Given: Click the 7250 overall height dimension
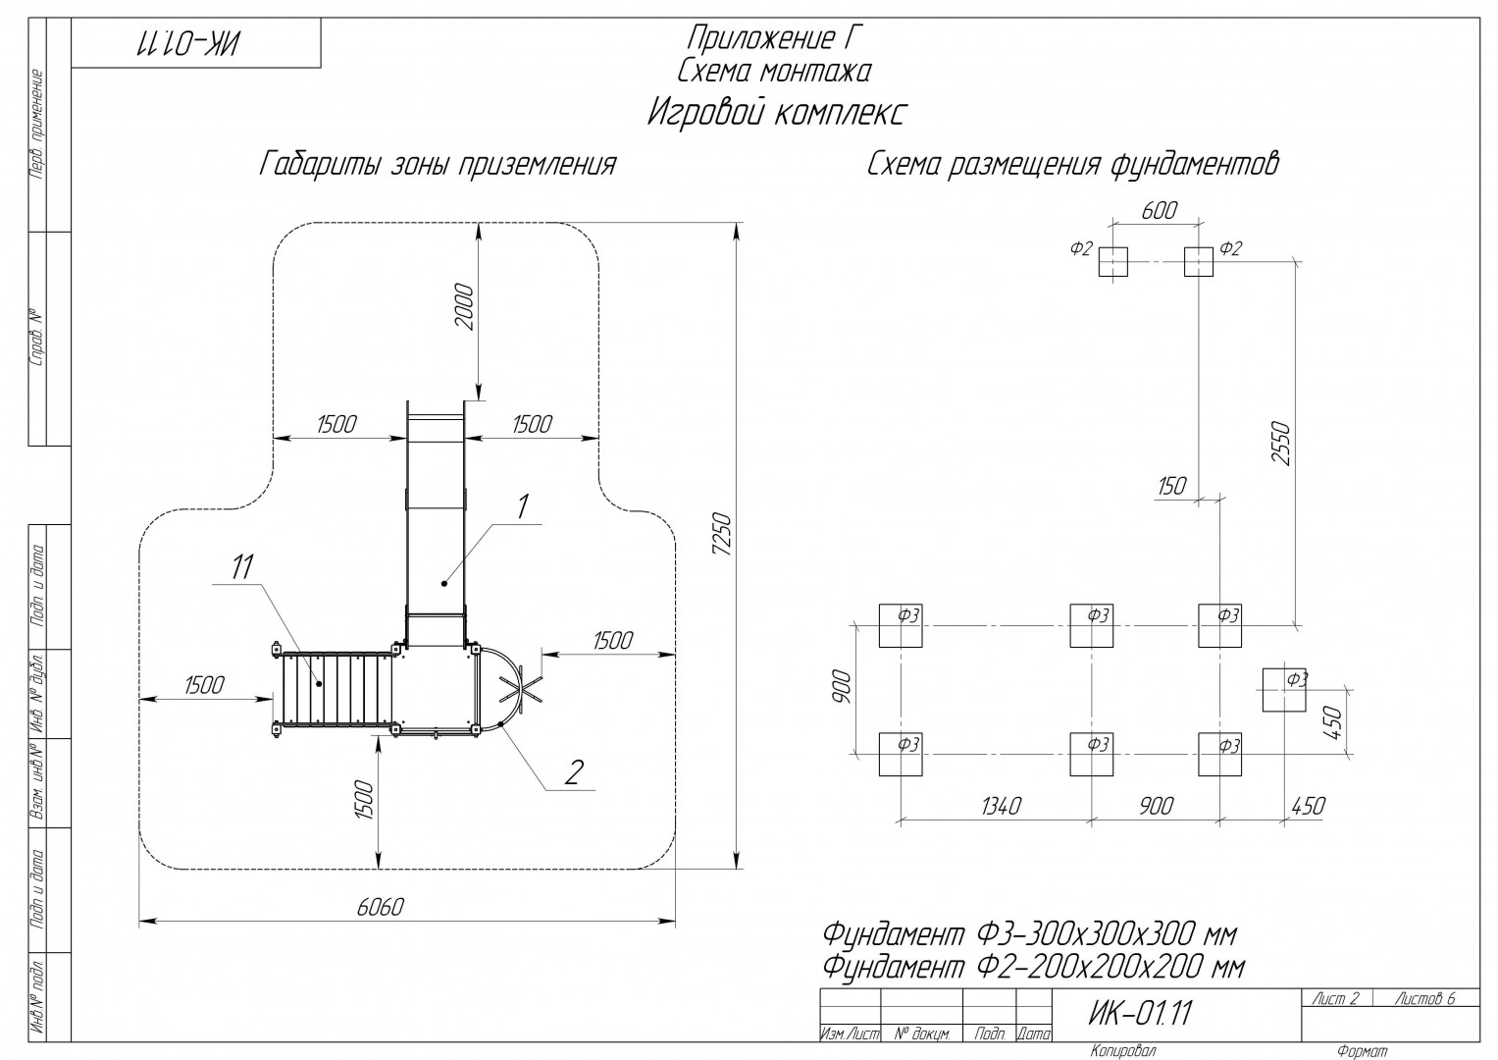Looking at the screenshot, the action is pyautogui.click(x=723, y=533).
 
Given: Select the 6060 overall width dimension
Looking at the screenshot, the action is pyautogui.click(x=381, y=907).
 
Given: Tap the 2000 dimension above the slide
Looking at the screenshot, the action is pyautogui.click(x=463, y=307).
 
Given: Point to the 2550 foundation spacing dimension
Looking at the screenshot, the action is pyautogui.click(x=1279, y=443).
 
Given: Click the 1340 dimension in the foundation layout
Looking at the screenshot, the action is pyautogui.click(x=1001, y=807).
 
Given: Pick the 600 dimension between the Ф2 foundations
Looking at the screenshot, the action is pyautogui.click(x=1159, y=211).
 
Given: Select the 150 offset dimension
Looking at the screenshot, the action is pyautogui.click(x=1171, y=486).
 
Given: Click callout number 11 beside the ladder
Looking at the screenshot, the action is pyautogui.click(x=242, y=567).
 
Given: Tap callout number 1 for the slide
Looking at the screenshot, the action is pyautogui.click(x=522, y=506).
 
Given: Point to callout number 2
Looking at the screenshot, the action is pyautogui.click(x=573, y=772).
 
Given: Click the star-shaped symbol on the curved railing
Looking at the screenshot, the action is pyautogui.click(x=521, y=689).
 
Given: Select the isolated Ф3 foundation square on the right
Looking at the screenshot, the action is pyautogui.click(x=1283, y=689).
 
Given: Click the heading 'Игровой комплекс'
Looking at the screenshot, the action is pyautogui.click(x=776, y=113).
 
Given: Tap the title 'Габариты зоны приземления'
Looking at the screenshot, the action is pyautogui.click(x=438, y=165).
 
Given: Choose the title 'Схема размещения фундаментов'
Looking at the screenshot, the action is pyautogui.click(x=1072, y=165).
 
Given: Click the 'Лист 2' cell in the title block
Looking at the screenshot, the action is pyautogui.click(x=1335, y=999).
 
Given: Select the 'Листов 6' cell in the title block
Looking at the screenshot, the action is pyautogui.click(x=1425, y=999).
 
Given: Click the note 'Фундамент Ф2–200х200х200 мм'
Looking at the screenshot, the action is pyautogui.click(x=1034, y=967).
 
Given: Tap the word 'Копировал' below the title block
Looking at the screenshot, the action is pyautogui.click(x=1123, y=1050).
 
